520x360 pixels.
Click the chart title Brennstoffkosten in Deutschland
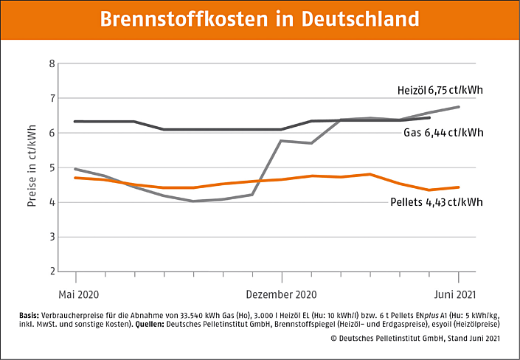260,18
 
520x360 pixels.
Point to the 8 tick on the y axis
52,63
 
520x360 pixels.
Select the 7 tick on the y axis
52,98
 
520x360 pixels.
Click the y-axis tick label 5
52,167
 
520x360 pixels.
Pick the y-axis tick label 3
52,237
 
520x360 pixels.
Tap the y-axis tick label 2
52,271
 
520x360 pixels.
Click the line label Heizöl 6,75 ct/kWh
440,91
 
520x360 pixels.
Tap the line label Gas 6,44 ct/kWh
443,133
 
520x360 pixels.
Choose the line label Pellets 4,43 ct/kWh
436,201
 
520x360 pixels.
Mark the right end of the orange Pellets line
459,187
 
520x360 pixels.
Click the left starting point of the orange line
76,178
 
